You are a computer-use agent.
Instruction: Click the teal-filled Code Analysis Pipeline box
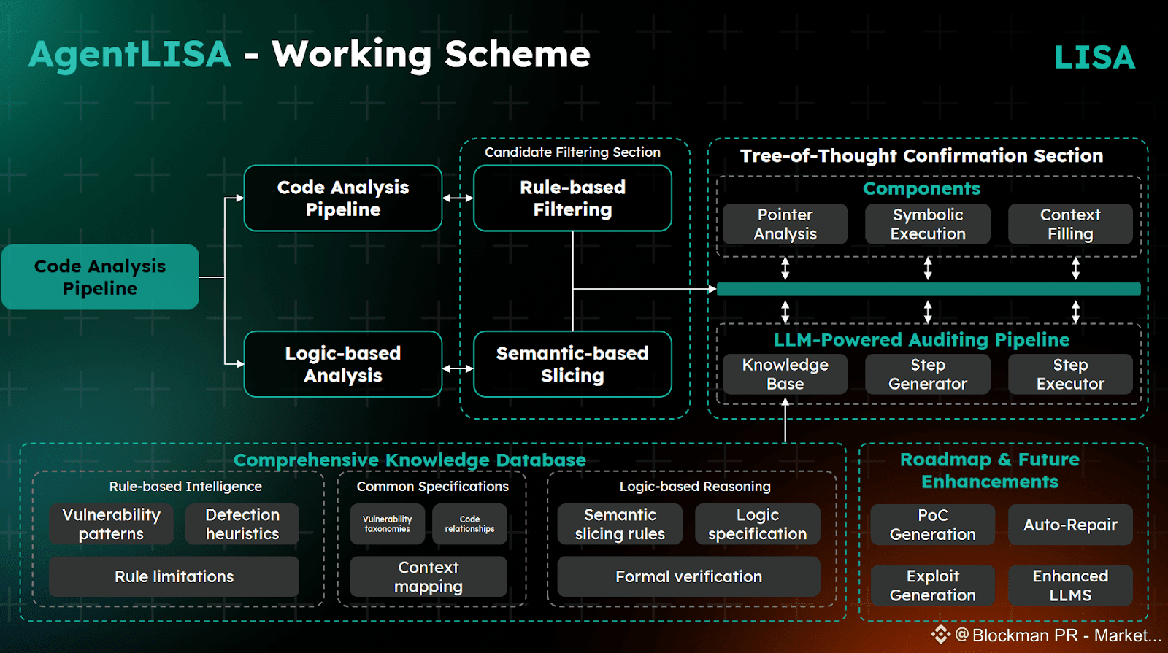click(100, 277)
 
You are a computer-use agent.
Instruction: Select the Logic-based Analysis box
click(342, 364)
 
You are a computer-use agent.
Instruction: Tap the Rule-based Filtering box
click(572, 198)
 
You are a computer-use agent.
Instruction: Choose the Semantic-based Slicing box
click(572, 364)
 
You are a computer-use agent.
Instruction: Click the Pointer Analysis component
click(785, 224)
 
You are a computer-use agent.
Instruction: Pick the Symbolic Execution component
click(927, 224)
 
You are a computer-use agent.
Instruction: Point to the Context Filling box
click(1070, 224)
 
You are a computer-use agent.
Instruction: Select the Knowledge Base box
click(785, 374)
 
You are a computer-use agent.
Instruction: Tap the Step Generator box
click(927, 374)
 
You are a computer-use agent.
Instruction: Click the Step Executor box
click(1070, 374)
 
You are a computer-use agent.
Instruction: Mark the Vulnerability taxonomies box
click(388, 524)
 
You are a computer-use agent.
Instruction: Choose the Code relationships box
click(469, 524)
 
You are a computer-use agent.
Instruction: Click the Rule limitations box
click(174, 576)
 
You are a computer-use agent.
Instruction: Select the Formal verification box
click(688, 576)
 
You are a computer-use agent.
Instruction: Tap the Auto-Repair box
click(1070, 525)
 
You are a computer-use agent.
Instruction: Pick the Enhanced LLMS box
click(1070, 585)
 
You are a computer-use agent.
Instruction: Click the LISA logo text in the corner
click(1094, 58)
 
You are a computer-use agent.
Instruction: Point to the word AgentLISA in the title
click(130, 55)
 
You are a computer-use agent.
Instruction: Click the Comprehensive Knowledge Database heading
click(410, 460)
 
